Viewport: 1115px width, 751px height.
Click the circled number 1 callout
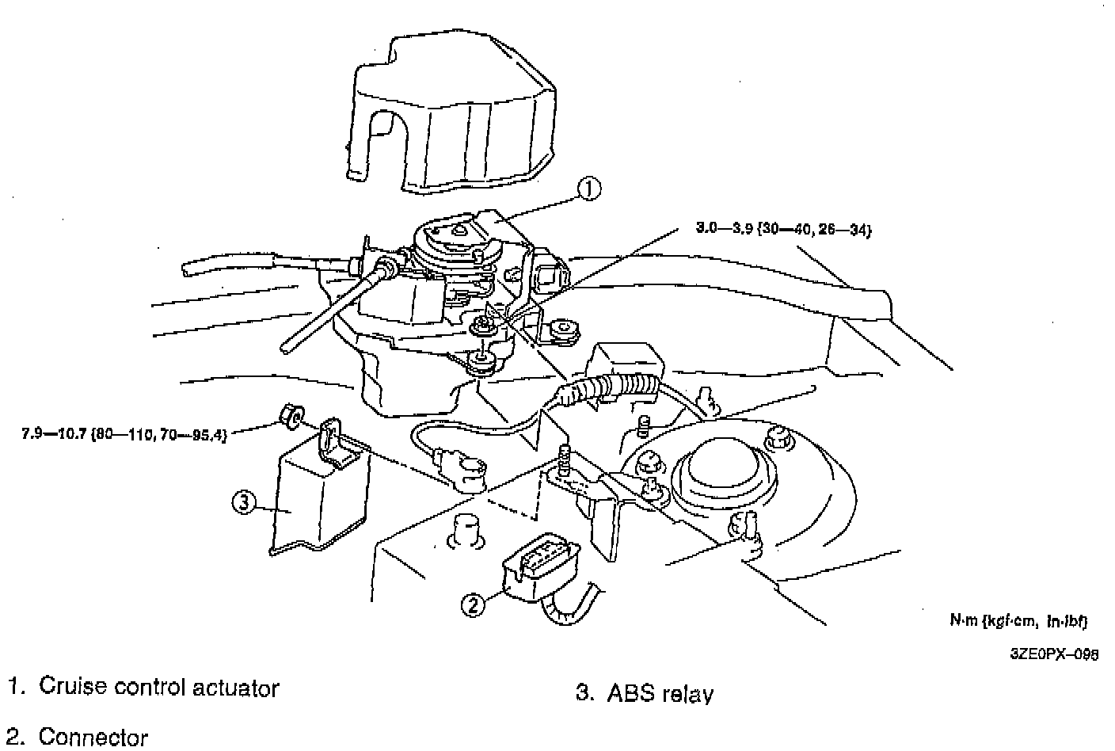[x=588, y=189]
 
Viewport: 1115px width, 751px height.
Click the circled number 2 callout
[x=472, y=605]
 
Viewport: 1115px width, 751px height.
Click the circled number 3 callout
[x=243, y=501]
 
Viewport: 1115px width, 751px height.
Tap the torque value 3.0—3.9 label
[x=782, y=230]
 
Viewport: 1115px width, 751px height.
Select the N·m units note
[x=1018, y=621]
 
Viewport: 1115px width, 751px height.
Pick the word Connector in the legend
[x=93, y=737]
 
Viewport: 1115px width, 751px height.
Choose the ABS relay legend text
[x=660, y=694]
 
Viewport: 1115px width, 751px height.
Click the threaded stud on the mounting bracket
[x=565, y=460]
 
